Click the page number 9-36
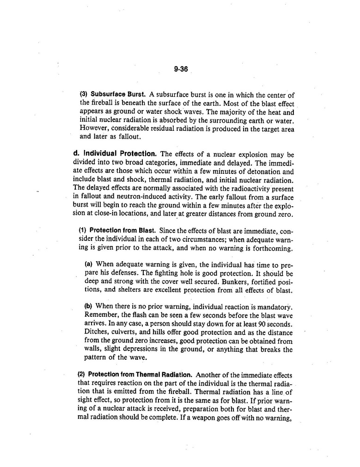pos(181,70)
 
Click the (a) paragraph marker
pos(88,264)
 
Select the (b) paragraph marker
pos(88,306)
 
